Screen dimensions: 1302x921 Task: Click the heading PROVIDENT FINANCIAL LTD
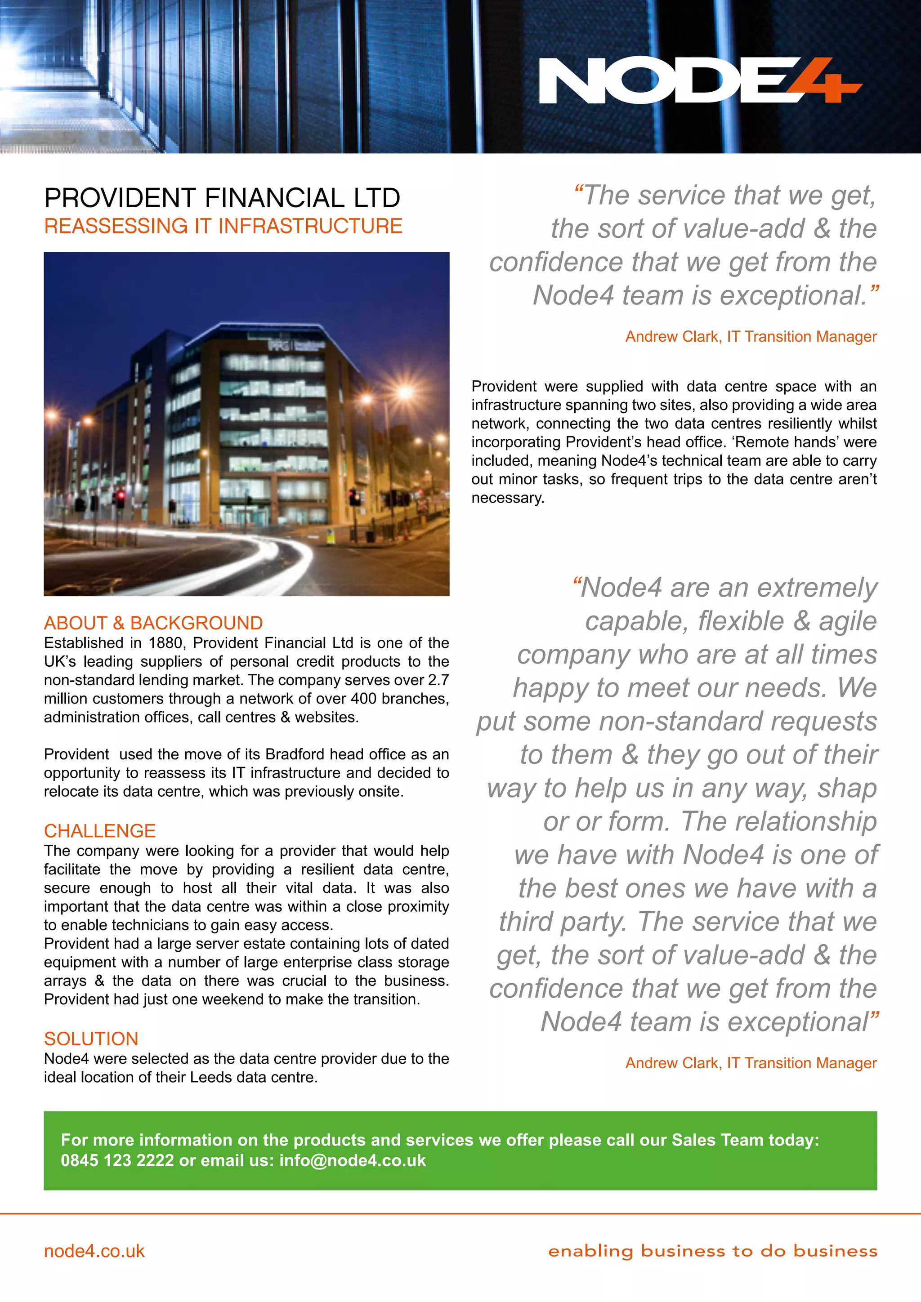222,198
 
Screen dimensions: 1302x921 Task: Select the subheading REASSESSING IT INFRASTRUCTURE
223,226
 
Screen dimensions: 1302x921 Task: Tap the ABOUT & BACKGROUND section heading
153,623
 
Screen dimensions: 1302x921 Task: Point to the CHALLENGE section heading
100,831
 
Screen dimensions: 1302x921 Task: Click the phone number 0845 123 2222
117,1160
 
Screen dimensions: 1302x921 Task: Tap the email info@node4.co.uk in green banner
352,1160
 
